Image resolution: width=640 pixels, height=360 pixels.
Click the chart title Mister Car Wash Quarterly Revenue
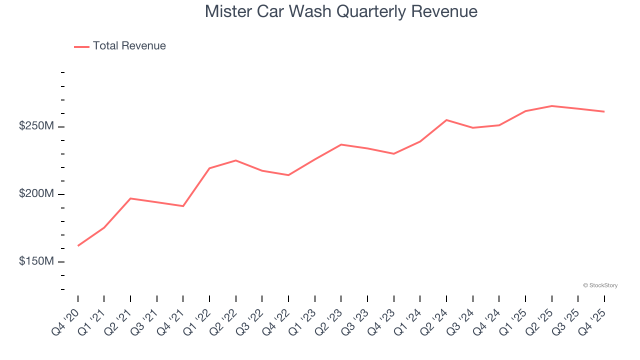click(341, 11)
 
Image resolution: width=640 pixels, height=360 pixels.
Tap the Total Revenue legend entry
click(120, 46)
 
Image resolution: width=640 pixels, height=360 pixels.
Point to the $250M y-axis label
click(36, 126)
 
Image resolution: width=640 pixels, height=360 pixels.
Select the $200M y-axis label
click(36, 194)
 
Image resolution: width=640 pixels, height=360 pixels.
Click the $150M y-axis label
click(36, 261)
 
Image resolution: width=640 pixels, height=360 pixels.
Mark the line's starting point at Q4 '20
click(78, 245)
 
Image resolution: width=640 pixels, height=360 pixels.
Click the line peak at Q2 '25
click(552, 106)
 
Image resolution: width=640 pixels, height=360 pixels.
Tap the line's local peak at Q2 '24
click(446, 120)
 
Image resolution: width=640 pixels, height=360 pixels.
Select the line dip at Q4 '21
click(183, 206)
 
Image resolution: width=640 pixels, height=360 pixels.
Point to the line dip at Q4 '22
click(288, 175)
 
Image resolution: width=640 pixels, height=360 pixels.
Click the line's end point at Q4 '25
click(604, 111)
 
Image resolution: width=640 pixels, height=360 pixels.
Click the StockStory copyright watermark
click(600, 285)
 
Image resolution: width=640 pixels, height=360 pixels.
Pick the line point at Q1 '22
click(209, 168)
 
